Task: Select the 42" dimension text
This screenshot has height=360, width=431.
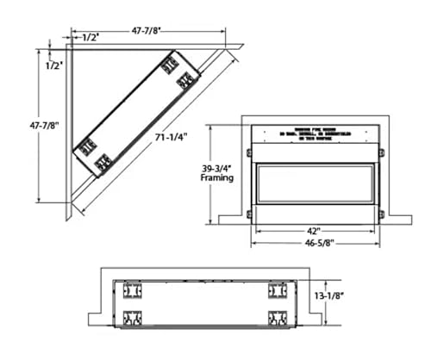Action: point(314,231)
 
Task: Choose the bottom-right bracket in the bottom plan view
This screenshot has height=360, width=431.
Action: point(277,316)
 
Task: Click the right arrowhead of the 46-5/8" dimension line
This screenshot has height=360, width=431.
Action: point(376,242)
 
